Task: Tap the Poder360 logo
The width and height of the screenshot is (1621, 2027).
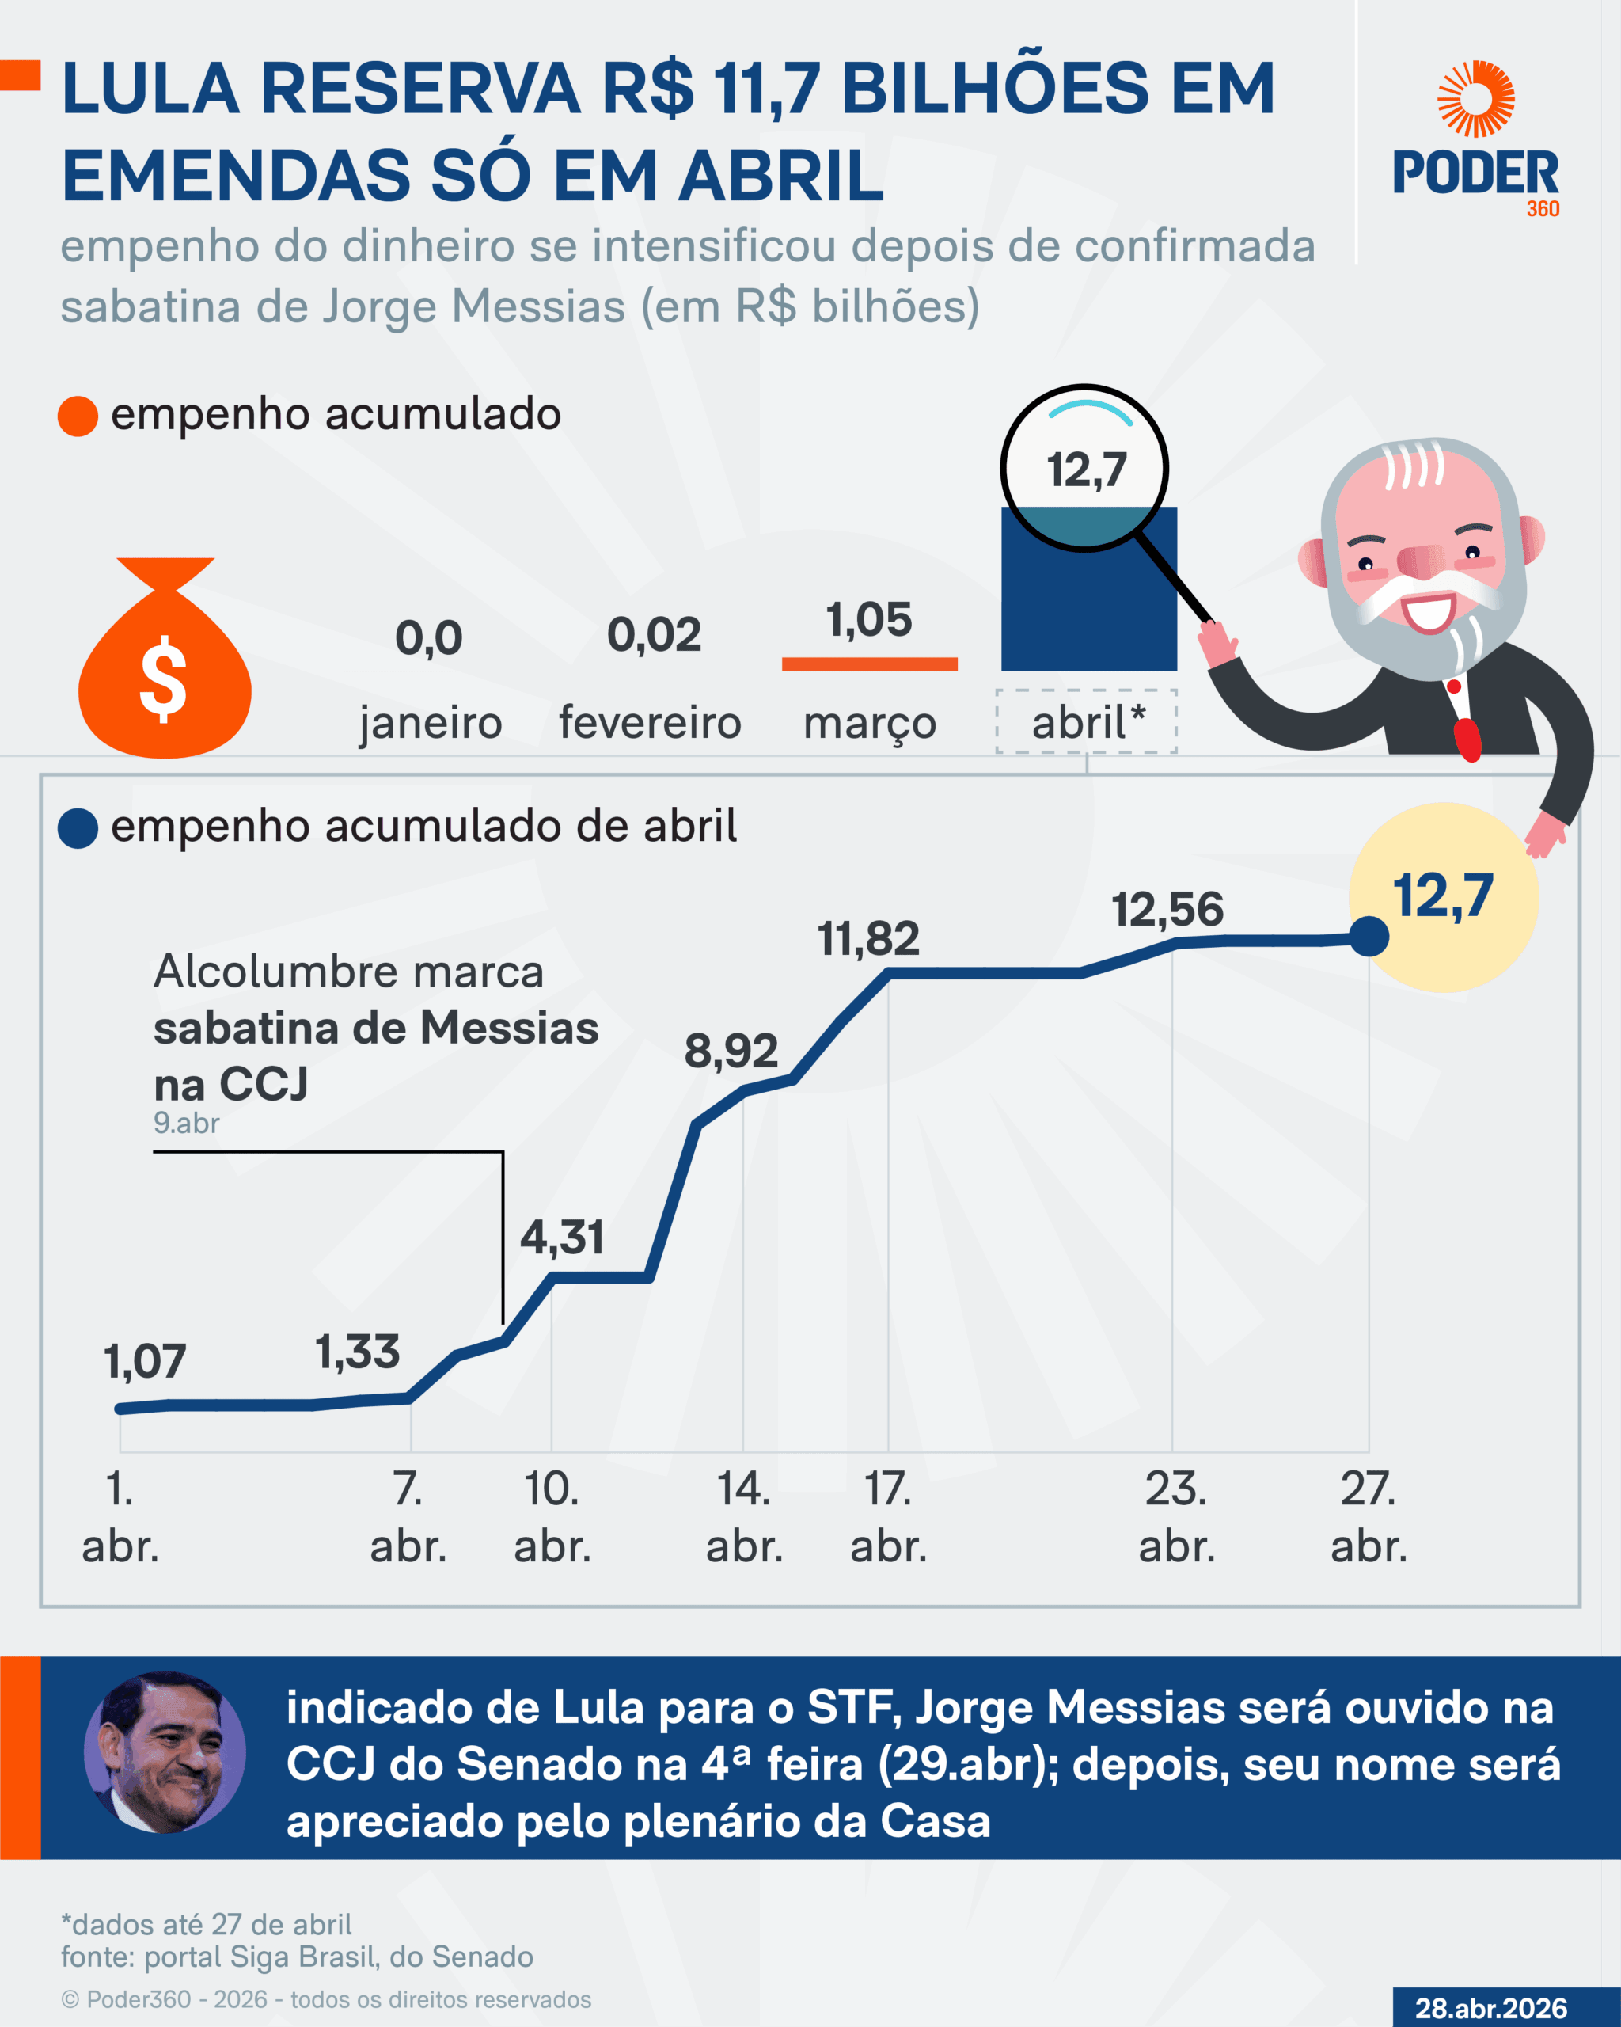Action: (1475, 141)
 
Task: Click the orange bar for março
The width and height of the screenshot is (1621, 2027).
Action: (869, 664)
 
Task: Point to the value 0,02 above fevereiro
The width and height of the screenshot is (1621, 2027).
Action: (654, 634)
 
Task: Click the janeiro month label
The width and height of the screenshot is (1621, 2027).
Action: (431, 723)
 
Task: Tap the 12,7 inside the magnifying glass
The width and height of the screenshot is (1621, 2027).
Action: (1086, 470)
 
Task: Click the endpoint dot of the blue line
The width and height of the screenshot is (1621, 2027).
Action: (1369, 937)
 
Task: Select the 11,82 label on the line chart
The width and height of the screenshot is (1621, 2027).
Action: (868, 938)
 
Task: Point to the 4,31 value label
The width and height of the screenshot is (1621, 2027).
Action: (562, 1238)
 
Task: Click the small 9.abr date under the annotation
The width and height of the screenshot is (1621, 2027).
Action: (186, 1123)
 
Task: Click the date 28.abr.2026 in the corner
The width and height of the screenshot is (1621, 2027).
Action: (1490, 2008)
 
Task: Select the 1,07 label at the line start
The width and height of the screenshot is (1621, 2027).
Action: (145, 1361)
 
